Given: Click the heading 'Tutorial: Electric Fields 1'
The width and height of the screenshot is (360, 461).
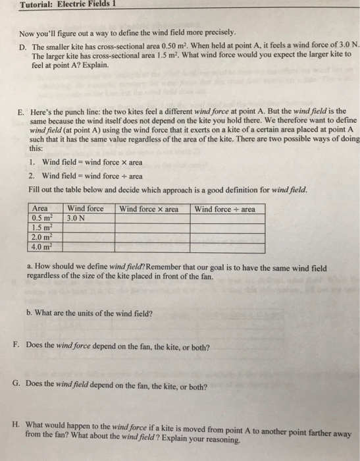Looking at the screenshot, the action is (x=59, y=6).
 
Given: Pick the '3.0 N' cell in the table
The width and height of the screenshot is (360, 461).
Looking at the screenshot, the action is (x=78, y=218).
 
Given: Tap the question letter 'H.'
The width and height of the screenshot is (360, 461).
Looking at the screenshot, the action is (x=17, y=425).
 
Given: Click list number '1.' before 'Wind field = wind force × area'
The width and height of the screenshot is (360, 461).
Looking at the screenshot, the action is (x=32, y=162).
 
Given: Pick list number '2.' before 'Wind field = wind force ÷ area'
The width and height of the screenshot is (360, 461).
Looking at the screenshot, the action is (x=32, y=176).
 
